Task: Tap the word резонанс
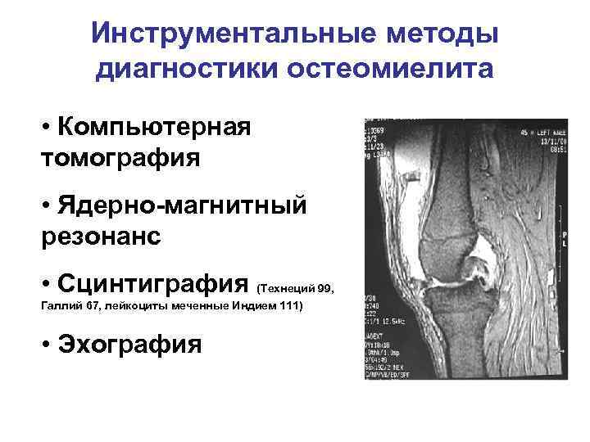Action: click(99, 235)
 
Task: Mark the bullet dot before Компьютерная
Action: click(44, 129)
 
